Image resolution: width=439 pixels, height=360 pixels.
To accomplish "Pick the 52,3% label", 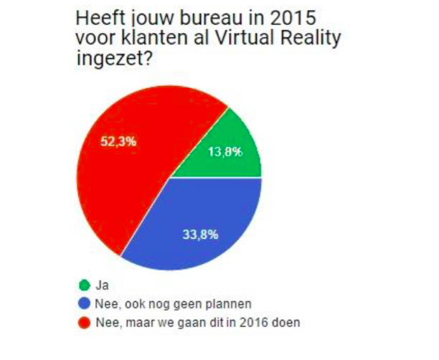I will tap(118, 141).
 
